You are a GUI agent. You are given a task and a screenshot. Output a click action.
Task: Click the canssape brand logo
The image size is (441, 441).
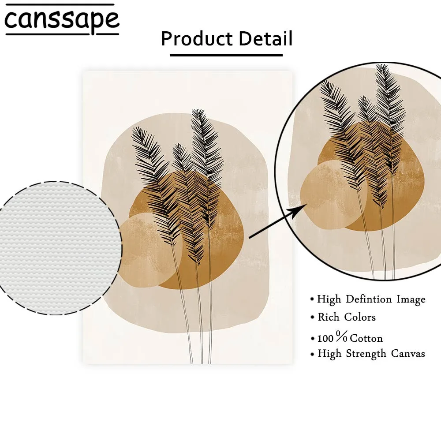[62, 20]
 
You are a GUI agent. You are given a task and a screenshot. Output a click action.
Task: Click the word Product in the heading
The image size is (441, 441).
[197, 39]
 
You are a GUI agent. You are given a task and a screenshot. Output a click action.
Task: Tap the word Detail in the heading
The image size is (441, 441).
[266, 39]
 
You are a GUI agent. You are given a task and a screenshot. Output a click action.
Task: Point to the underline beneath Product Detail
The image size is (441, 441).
[226, 55]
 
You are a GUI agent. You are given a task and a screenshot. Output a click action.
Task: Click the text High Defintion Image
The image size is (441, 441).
[371, 299]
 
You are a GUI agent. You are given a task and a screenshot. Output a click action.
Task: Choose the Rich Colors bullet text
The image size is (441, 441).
[347, 317]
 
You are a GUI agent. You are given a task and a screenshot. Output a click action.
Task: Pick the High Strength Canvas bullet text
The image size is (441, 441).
[371, 354]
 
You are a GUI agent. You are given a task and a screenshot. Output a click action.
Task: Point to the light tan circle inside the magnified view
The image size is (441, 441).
[320, 194]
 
